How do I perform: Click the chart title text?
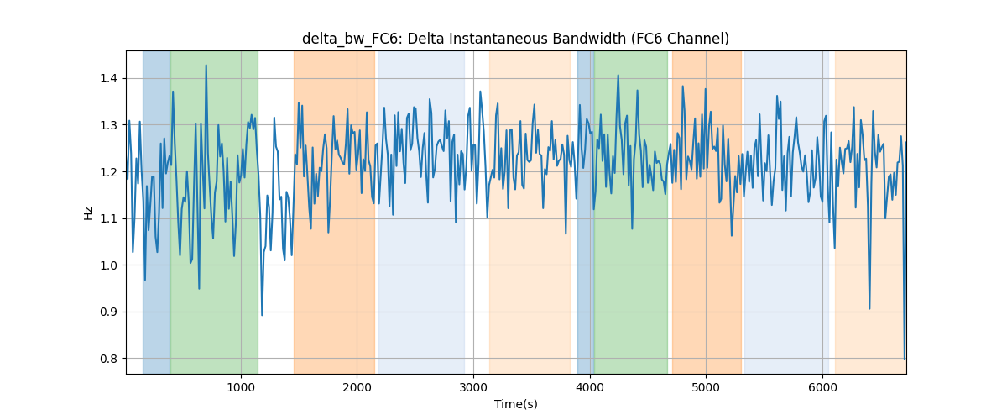click(x=515, y=39)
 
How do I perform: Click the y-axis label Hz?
click(x=88, y=213)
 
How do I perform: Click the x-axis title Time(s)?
click(x=515, y=404)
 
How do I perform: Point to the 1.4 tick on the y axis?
click(x=108, y=79)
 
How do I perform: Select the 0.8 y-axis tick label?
click(x=108, y=359)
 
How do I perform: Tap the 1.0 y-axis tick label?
click(x=108, y=265)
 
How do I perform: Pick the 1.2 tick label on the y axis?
click(x=108, y=172)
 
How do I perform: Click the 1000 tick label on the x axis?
click(x=241, y=387)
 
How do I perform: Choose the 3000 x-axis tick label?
click(x=473, y=387)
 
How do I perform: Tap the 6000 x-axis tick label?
click(x=822, y=387)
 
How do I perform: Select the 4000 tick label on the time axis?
click(x=590, y=387)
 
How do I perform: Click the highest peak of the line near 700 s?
click(x=206, y=66)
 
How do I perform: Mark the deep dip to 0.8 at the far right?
click(x=905, y=359)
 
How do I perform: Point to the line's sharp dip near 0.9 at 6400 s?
click(x=869, y=309)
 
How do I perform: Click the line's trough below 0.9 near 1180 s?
click(x=262, y=315)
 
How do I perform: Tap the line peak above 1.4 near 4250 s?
click(x=618, y=75)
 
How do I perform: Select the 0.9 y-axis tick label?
click(x=108, y=312)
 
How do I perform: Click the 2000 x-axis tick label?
click(x=357, y=387)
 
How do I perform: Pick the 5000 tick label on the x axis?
click(x=707, y=387)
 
